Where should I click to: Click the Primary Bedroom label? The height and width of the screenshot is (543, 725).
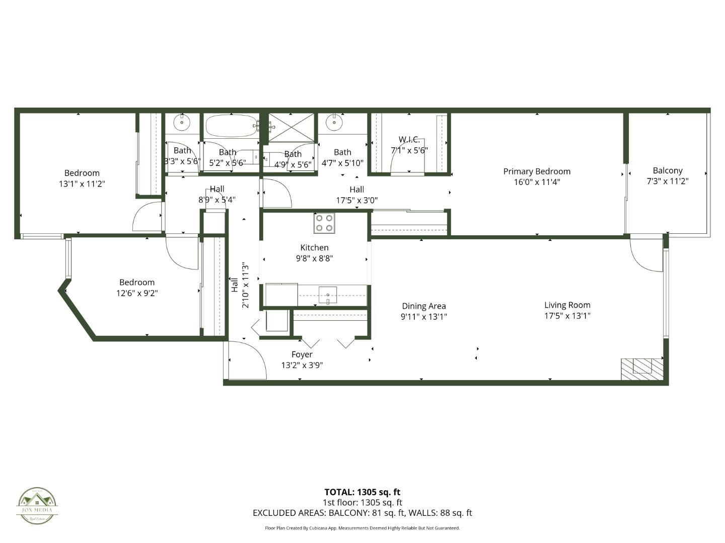pos(537,171)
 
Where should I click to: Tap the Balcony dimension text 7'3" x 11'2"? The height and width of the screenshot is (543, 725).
pos(667,182)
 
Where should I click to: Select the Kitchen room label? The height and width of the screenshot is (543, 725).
pos(314,247)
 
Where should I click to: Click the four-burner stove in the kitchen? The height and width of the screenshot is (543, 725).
pos(324,223)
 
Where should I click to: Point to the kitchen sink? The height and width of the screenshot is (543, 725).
pos(327,294)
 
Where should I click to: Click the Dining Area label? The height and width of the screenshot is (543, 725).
pos(423,306)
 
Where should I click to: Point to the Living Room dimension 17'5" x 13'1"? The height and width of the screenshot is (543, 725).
pos(567,316)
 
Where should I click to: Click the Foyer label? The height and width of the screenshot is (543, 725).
pos(302,354)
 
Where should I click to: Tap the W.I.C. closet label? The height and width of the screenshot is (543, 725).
pos(409,139)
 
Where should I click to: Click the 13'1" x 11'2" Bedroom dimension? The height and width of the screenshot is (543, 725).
pos(82,184)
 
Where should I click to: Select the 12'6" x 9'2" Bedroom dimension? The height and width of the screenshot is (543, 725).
pos(137,293)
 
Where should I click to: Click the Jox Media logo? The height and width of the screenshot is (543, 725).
pos(37,506)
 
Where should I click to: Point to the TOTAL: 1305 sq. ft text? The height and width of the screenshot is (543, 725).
pos(362,492)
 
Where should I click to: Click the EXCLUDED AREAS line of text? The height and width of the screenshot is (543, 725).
pos(362,513)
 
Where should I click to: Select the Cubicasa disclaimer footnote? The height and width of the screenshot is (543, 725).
pos(362,528)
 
